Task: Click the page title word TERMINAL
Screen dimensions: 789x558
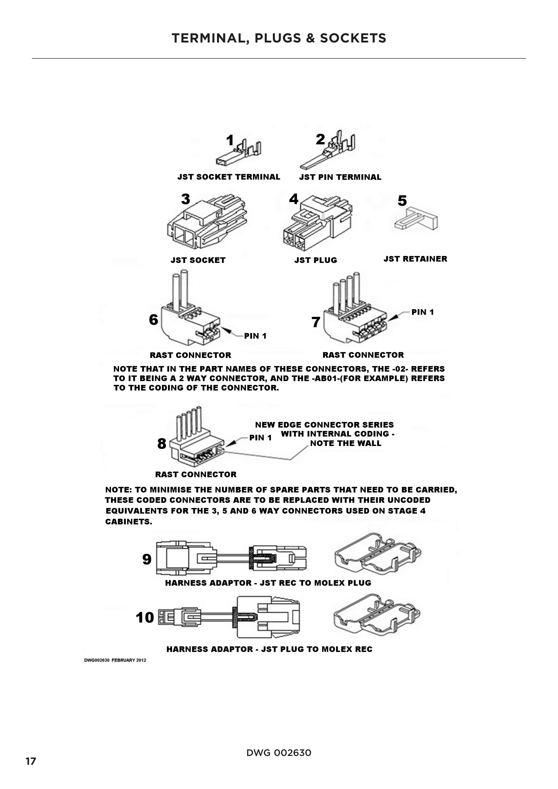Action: tap(210, 38)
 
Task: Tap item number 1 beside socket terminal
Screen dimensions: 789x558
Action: tap(230, 140)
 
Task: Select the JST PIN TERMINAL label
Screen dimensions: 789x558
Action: tap(340, 177)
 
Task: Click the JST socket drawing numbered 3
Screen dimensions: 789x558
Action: tap(207, 222)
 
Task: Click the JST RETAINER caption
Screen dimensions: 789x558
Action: tap(415, 259)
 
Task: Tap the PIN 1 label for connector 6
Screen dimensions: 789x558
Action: tap(255, 336)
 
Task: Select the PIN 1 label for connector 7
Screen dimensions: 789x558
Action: tap(422, 312)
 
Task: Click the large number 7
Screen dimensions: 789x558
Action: tap(316, 322)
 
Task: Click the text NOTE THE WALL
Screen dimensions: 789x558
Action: tap(345, 443)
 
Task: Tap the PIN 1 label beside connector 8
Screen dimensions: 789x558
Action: tap(260, 438)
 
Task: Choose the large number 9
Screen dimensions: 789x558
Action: tap(147, 559)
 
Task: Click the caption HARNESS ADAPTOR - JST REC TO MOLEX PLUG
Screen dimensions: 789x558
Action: tap(268, 583)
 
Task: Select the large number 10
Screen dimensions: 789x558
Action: tap(145, 618)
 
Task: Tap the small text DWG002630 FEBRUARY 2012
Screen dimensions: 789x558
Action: tap(115, 660)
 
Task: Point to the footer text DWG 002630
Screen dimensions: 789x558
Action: tap(279, 753)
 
